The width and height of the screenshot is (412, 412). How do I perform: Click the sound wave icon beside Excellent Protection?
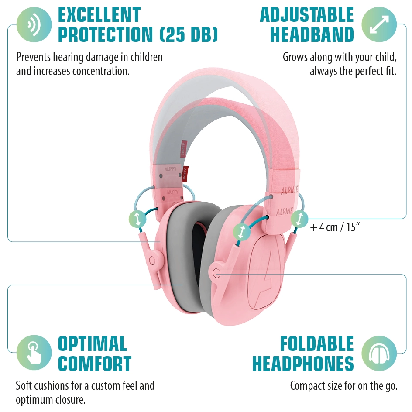pyautogui.click(x=34, y=25)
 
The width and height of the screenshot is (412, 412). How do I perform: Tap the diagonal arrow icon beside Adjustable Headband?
pyautogui.click(x=379, y=24)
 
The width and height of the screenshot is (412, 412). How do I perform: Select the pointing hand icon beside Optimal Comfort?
pyautogui.click(x=34, y=353)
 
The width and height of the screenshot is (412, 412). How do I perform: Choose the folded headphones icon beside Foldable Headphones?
pyautogui.click(x=379, y=353)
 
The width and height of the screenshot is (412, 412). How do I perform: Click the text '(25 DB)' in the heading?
pyautogui.click(x=189, y=34)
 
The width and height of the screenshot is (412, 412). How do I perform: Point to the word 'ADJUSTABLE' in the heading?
pyautogui.click(x=307, y=15)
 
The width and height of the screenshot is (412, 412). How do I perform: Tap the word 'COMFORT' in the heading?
pyautogui.click(x=95, y=364)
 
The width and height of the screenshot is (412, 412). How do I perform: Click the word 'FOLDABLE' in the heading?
pyautogui.click(x=317, y=343)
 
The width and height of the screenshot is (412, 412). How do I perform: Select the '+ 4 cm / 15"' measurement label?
pyautogui.click(x=334, y=227)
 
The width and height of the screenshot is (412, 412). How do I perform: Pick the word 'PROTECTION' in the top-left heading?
pyautogui.click(x=105, y=34)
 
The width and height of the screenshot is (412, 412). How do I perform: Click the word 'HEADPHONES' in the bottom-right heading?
pyautogui.click(x=303, y=364)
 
